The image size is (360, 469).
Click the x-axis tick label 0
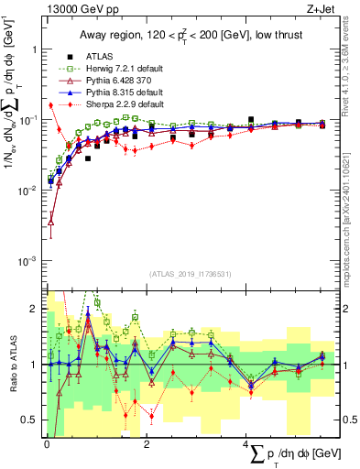click(x=47, y=443)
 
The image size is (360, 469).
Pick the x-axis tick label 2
click(x=147, y=443)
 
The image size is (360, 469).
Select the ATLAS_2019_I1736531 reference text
click(x=183, y=274)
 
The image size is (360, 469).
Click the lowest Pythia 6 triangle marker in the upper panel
click(x=51, y=220)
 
